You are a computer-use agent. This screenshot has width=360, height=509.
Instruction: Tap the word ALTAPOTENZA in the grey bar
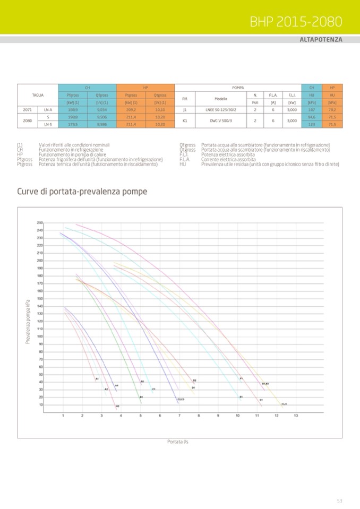coord(321,40)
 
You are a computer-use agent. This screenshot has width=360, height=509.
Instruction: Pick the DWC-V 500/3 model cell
coord(221,120)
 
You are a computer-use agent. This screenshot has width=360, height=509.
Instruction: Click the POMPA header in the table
coord(238,87)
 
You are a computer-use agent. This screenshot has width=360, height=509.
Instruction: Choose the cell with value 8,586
coord(102,124)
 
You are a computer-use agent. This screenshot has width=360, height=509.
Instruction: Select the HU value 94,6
coord(311,117)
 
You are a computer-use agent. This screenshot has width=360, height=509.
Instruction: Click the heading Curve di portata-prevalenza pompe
coord(82,191)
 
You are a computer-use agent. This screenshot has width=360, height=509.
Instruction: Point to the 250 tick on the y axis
coord(40,222)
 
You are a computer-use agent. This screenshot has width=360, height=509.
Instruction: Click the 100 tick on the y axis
coord(40,336)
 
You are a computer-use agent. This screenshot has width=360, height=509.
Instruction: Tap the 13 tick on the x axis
coord(296,416)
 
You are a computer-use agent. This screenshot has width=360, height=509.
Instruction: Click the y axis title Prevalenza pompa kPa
coord(28,321)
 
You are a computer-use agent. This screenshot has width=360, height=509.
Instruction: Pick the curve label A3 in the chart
coord(118,407)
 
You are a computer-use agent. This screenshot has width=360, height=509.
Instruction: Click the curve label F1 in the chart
coord(242,378)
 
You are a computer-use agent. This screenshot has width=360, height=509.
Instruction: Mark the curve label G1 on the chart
coord(261,400)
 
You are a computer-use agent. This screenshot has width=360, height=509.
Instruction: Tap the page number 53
coord(339,501)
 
